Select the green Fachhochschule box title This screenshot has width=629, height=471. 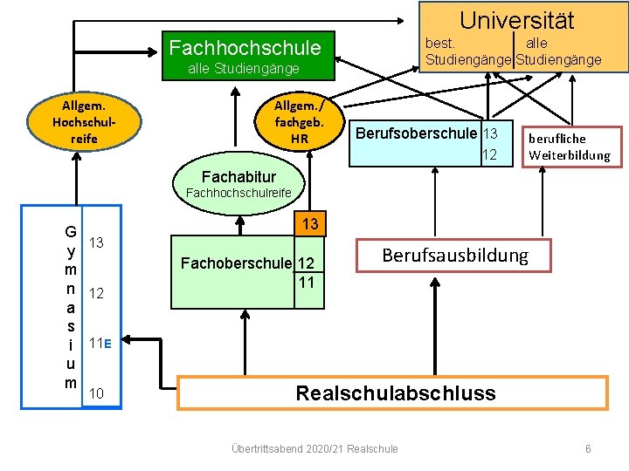[x=245, y=47]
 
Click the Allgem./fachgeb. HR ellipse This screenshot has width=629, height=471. [x=300, y=122]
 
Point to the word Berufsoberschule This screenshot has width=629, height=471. [x=417, y=133]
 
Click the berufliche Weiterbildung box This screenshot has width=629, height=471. [x=570, y=147]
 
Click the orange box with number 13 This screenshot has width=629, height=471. [x=309, y=224]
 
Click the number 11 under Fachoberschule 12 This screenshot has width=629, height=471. [x=306, y=281]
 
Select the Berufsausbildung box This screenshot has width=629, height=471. [x=454, y=255]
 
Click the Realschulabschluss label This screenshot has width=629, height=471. [x=395, y=392]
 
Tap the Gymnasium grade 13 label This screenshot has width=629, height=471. [x=99, y=242]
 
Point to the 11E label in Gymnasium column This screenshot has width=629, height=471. [x=100, y=343]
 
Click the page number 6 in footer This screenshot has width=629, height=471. [x=588, y=448]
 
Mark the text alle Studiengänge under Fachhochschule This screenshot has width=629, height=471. [x=244, y=69]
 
